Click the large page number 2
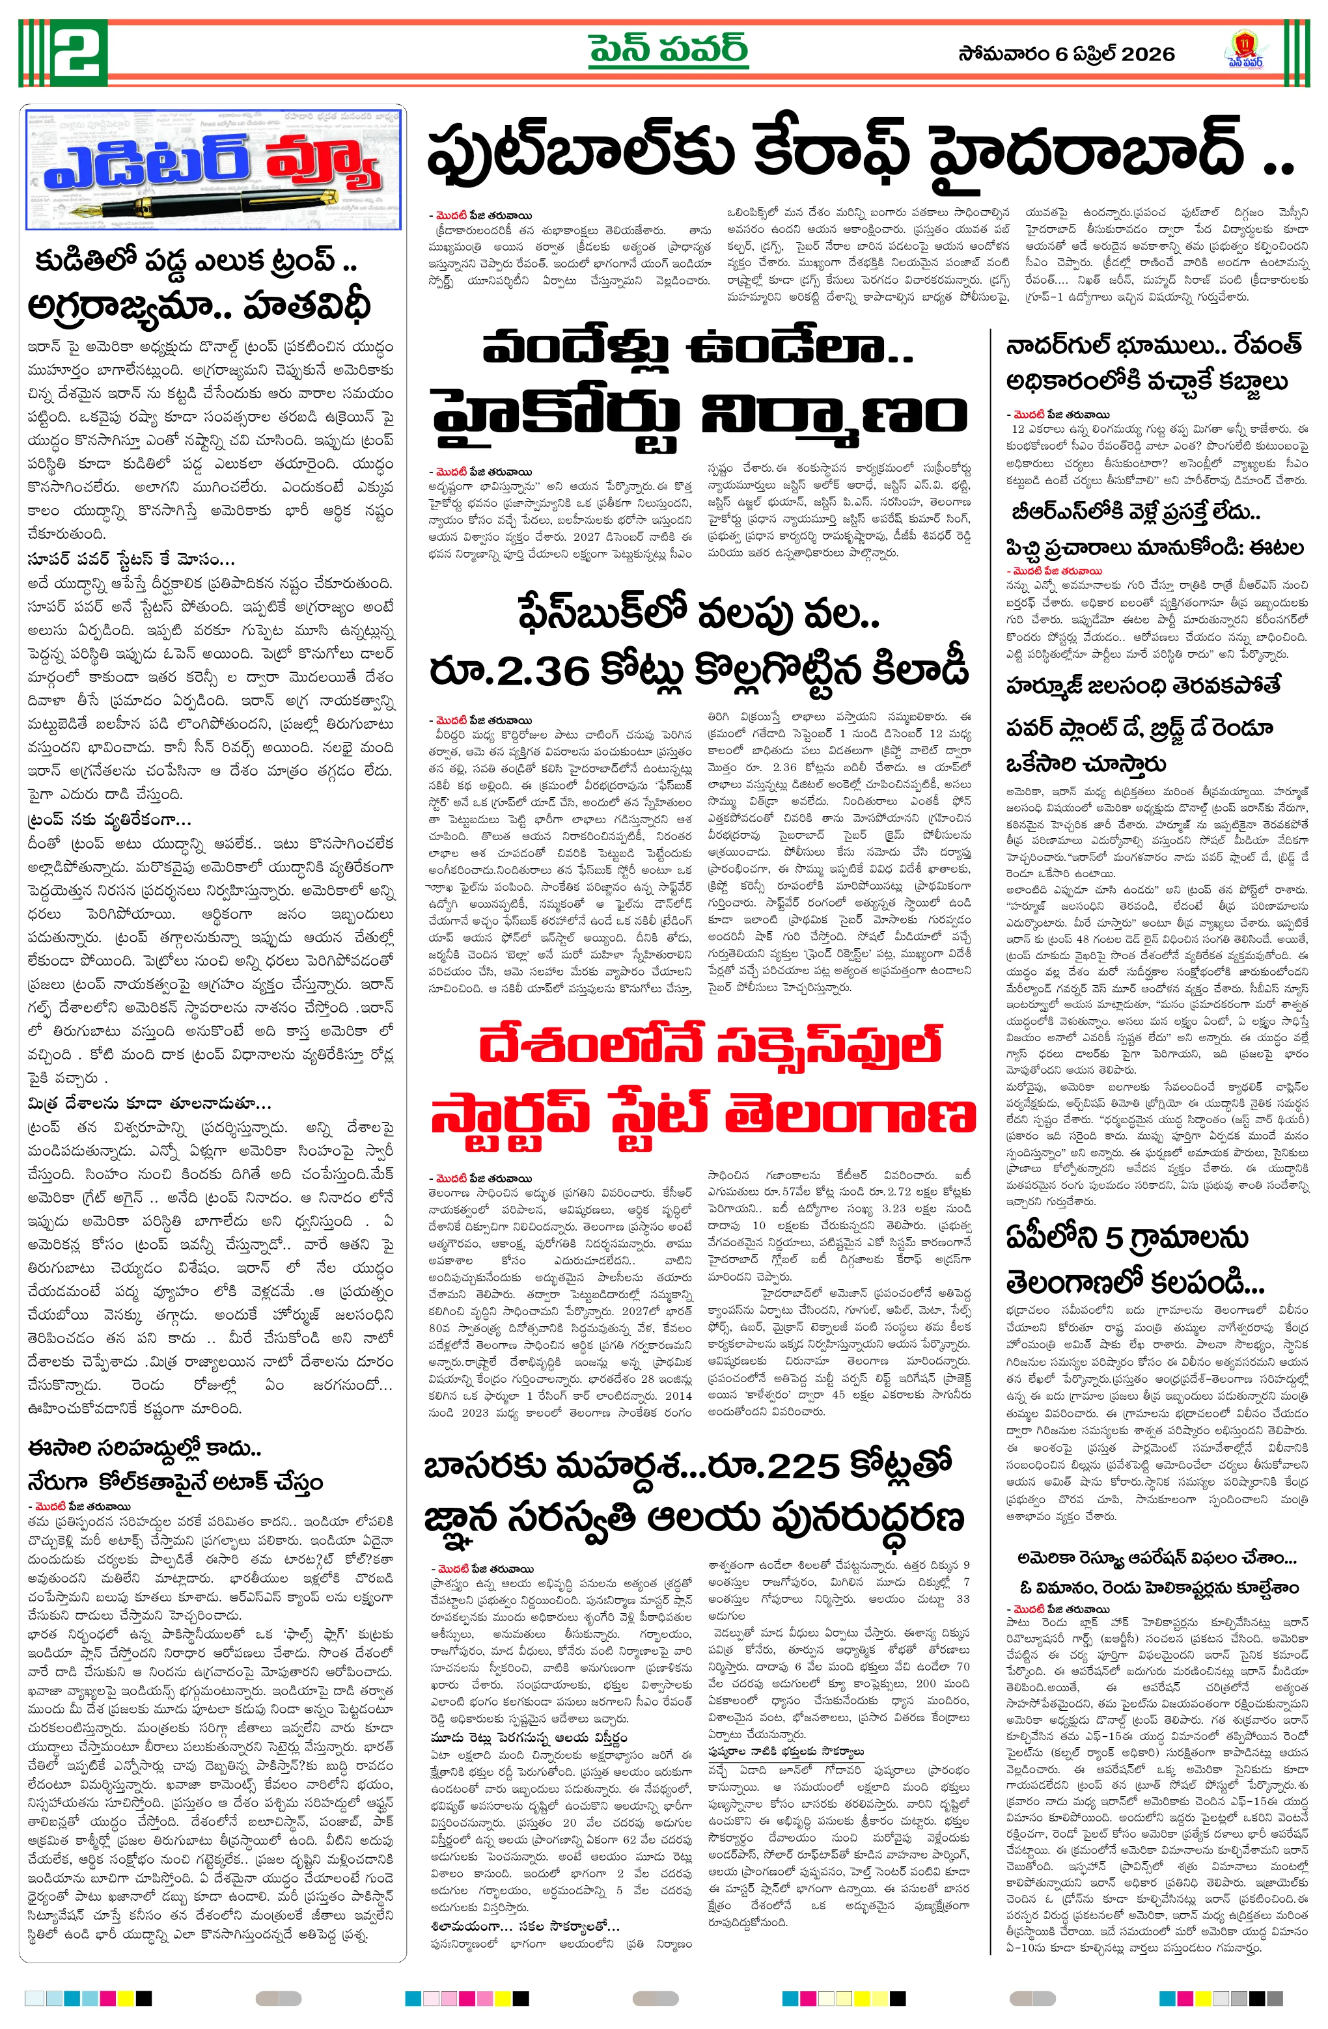point(79,52)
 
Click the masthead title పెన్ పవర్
point(668,49)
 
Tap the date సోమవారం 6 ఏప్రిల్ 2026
point(1066,54)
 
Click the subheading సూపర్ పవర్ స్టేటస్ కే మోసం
point(130,560)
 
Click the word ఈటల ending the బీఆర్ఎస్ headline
point(1275,547)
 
